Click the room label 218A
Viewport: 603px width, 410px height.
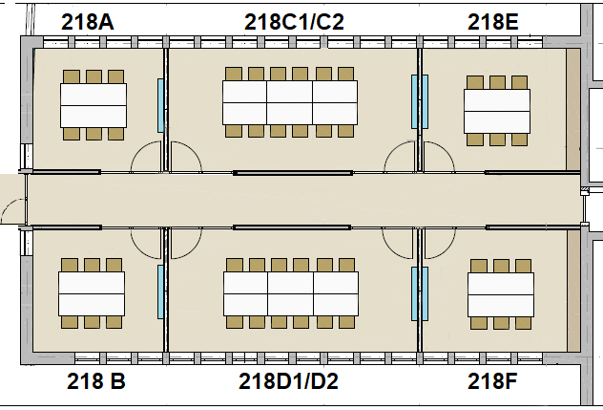pyautogui.click(x=88, y=21)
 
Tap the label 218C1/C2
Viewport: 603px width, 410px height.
pyautogui.click(x=294, y=21)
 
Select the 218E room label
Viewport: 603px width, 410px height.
pyautogui.click(x=492, y=21)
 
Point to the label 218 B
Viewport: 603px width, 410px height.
pyautogui.click(x=96, y=382)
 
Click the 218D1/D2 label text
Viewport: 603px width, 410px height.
pyautogui.click(x=288, y=382)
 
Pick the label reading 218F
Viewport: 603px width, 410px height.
pyautogui.click(x=492, y=382)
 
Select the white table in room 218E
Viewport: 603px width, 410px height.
pyautogui.click(x=496, y=111)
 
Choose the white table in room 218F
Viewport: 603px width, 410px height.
pyautogui.click(x=500, y=296)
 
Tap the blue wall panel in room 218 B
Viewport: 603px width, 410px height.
pyautogui.click(x=160, y=291)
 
